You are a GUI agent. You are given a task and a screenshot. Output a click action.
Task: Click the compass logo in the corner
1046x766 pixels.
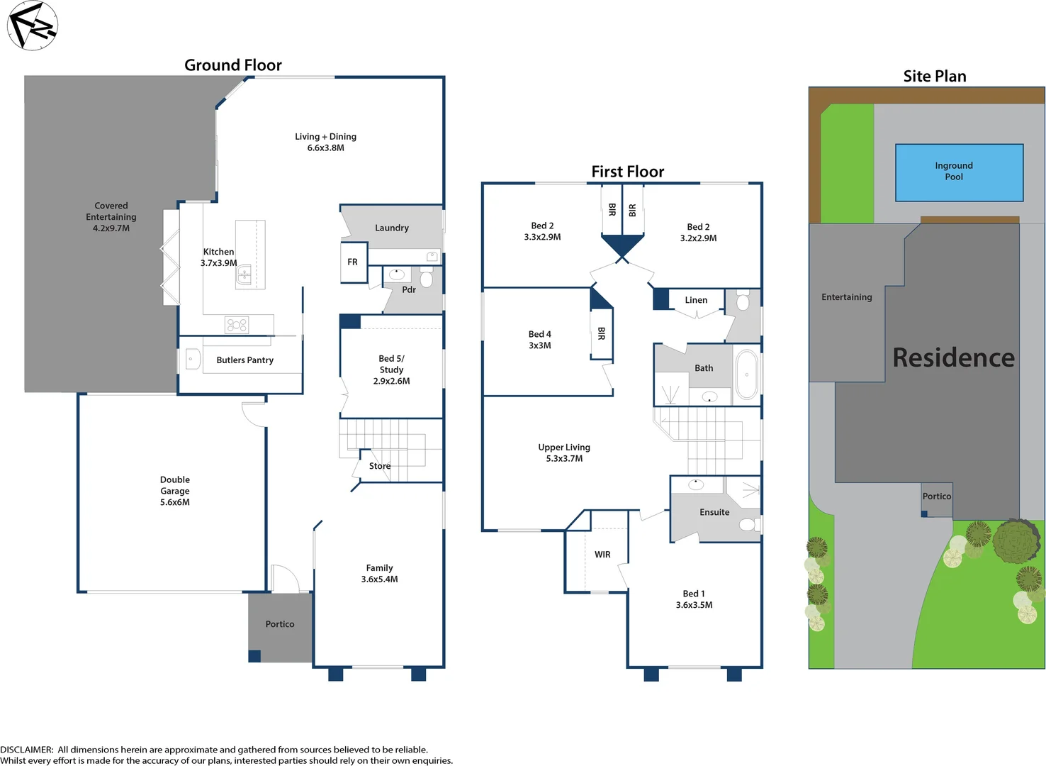click(x=32, y=26)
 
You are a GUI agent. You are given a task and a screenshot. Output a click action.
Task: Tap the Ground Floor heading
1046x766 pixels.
click(x=232, y=65)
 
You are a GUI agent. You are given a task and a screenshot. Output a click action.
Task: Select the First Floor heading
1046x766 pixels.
click(x=627, y=172)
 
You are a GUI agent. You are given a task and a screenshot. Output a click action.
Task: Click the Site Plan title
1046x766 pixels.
click(x=934, y=77)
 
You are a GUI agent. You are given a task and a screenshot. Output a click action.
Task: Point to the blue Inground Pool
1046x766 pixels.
click(x=959, y=172)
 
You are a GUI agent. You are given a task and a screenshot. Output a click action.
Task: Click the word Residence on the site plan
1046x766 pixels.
click(x=953, y=357)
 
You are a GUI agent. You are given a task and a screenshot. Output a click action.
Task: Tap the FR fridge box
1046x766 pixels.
click(x=353, y=262)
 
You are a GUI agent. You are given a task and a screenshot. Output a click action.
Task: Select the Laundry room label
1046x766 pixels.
click(x=391, y=228)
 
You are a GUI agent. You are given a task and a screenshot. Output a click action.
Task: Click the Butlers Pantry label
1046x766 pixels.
click(x=244, y=360)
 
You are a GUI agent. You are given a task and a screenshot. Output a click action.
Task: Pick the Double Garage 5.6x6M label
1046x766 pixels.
click(x=175, y=491)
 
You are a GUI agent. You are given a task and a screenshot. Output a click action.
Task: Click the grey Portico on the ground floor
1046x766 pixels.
click(x=280, y=625)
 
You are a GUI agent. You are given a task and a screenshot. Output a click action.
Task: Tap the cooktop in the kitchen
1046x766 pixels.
click(x=237, y=325)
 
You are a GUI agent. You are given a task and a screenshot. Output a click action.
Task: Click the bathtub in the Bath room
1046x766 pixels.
click(x=746, y=374)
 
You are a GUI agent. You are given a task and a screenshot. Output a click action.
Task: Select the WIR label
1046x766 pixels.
click(x=602, y=555)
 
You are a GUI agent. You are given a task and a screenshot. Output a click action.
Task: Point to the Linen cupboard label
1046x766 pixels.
click(x=696, y=300)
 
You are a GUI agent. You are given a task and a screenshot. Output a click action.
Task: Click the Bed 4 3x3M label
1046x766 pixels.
click(x=539, y=340)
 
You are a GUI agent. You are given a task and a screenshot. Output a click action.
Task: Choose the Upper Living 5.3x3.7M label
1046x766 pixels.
click(x=564, y=453)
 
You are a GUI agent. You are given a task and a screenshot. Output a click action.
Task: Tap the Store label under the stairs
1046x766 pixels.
click(x=380, y=466)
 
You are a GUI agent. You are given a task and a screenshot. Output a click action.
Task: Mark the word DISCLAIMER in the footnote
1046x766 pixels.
click(x=26, y=750)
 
